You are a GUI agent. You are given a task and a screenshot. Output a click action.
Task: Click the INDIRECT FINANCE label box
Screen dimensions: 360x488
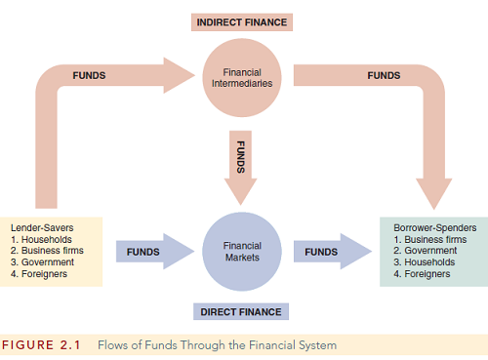click(x=243, y=20)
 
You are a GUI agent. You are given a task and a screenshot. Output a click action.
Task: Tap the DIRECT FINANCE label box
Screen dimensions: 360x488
click(x=242, y=312)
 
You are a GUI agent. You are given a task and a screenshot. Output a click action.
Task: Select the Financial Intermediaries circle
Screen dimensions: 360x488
click(x=243, y=77)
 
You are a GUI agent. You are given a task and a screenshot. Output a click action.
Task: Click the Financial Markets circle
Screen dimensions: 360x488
click(x=243, y=250)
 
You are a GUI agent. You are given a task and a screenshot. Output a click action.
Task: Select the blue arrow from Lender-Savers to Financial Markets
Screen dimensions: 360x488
click(x=152, y=252)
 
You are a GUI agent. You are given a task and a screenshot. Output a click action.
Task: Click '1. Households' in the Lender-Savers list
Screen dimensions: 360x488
click(x=40, y=238)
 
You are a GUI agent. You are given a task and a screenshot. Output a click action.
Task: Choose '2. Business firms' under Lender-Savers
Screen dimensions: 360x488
click(x=45, y=250)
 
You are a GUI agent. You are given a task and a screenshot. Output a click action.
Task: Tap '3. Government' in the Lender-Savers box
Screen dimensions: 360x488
click(x=40, y=261)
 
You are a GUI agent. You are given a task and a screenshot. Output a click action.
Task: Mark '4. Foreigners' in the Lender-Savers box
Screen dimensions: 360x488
click(x=38, y=273)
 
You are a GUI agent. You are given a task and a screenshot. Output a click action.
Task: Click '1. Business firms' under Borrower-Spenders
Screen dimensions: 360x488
click(x=430, y=239)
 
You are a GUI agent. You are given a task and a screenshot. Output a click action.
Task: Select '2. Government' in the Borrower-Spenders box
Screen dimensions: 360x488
click(x=426, y=251)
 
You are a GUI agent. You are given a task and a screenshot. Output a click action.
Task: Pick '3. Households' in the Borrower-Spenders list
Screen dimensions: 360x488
click(x=426, y=262)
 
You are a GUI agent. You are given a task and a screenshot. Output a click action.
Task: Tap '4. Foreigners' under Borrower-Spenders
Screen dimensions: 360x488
click(x=423, y=274)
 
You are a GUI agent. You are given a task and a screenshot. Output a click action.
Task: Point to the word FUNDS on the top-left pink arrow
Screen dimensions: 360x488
click(x=89, y=76)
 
